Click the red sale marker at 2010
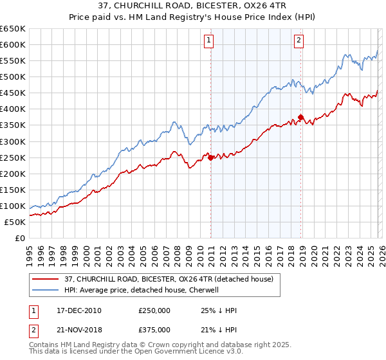[210, 157]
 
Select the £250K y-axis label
[13, 157]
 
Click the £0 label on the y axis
[19, 239]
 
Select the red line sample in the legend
[46, 279]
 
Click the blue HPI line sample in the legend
[46, 290]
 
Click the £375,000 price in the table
[154, 329]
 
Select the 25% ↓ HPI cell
[219, 310]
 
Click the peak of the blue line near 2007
[173, 122]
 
